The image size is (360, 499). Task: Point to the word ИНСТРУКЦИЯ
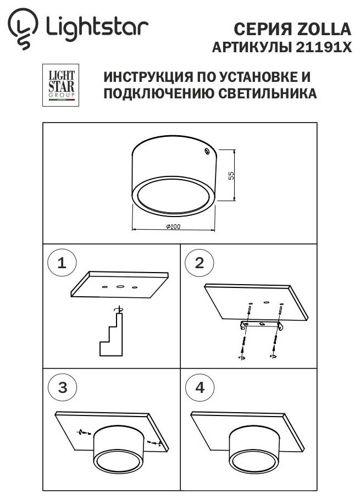pos(145,76)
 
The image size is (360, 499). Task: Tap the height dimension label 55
pos(231,175)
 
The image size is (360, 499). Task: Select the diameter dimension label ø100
pos(173,226)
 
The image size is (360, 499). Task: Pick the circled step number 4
pos(199,387)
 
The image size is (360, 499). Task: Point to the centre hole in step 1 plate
pos(119,286)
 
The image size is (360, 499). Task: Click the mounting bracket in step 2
pos(263,325)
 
